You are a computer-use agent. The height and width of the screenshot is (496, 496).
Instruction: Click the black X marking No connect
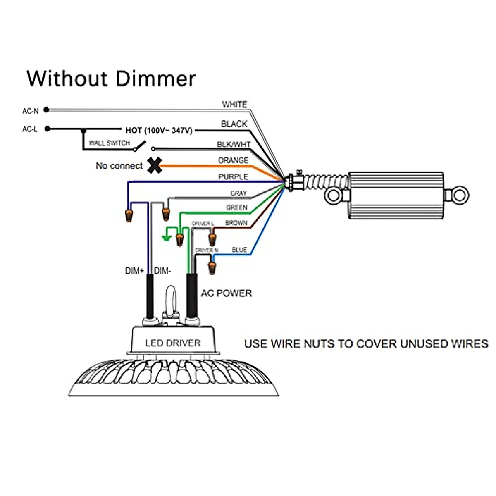coord(155,165)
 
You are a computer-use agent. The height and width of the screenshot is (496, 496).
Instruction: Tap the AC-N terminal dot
coord(46,110)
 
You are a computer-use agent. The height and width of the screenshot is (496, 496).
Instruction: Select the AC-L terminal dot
coord(48,129)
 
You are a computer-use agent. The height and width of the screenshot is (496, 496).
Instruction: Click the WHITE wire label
coord(234,105)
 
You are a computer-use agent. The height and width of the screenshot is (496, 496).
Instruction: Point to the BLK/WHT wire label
coord(234,144)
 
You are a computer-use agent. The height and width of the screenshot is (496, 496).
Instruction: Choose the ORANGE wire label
coord(233,160)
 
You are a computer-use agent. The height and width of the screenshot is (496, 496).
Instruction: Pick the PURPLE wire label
coord(233,176)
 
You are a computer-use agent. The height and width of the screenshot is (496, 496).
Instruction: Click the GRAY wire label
coord(238,193)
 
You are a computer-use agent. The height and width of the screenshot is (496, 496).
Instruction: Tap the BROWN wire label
coord(236,223)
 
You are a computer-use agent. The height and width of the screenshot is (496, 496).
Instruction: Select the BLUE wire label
coord(239,250)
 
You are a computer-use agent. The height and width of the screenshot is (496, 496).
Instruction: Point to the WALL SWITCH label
coord(110,143)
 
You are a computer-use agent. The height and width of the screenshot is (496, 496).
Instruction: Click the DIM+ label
coord(134,271)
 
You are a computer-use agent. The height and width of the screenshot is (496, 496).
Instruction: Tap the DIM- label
coord(162,271)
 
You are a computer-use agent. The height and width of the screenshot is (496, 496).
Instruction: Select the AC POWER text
coord(227,293)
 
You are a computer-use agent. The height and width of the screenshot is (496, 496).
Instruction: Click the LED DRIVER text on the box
coord(173,343)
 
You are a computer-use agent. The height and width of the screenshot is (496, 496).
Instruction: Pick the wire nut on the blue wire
coord(212,268)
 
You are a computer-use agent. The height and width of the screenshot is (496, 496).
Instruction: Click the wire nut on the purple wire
coord(129,216)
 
